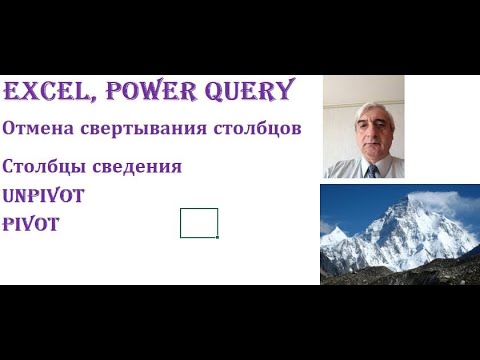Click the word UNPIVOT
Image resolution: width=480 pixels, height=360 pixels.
point(44,196)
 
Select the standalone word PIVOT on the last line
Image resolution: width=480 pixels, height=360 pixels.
point(30,225)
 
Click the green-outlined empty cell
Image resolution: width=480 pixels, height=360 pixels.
point(198,222)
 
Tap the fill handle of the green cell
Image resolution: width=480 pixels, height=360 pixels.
point(217,237)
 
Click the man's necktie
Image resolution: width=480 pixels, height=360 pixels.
point(372,171)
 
